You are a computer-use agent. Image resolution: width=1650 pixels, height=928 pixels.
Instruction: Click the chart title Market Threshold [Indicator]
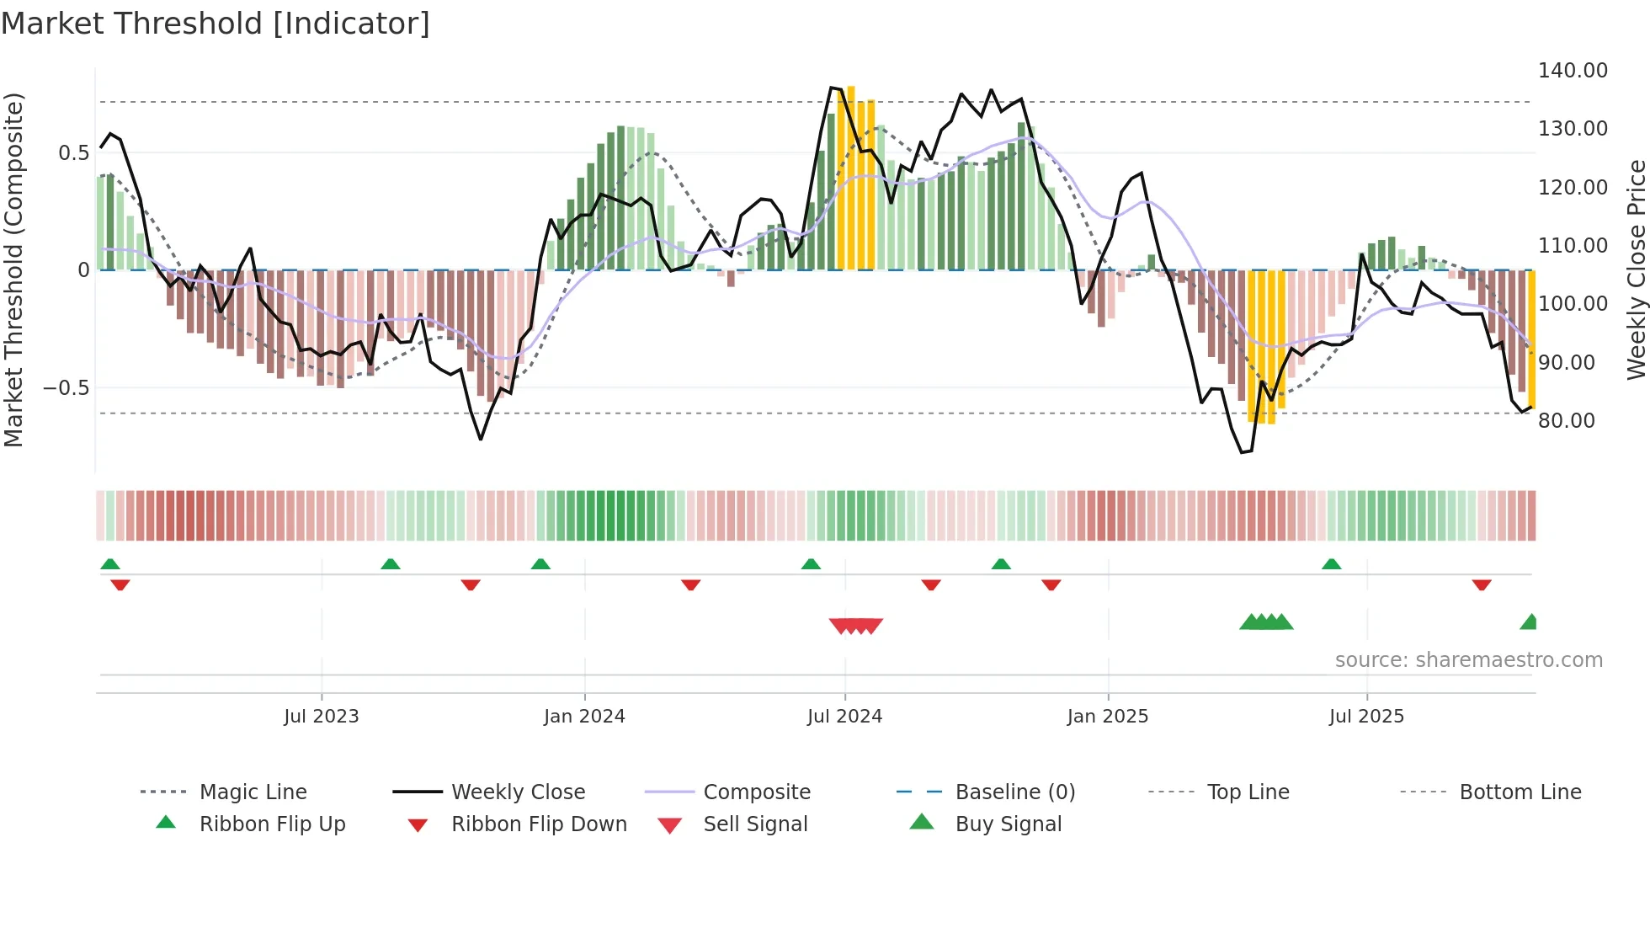click(x=216, y=24)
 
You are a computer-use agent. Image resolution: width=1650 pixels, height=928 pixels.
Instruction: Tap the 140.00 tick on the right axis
click(x=1572, y=71)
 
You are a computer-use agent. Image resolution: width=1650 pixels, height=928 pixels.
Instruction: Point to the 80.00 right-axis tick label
click(x=1566, y=420)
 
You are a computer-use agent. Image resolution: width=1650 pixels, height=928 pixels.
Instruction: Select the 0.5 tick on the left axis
click(x=73, y=153)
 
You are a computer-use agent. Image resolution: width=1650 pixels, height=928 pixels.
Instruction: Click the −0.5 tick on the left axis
click(x=67, y=388)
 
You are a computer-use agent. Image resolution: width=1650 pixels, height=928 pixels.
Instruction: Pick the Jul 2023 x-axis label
click(x=321, y=717)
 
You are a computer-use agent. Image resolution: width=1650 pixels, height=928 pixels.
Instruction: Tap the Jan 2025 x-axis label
click(x=1107, y=717)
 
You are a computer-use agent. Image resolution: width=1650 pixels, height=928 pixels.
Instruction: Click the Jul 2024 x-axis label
click(x=844, y=717)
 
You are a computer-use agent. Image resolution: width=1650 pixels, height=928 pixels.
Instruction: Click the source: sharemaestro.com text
click(x=1468, y=660)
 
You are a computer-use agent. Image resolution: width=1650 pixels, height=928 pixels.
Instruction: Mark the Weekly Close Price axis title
click(x=1636, y=269)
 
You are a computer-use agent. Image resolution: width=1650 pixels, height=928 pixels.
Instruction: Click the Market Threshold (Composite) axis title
click(x=13, y=269)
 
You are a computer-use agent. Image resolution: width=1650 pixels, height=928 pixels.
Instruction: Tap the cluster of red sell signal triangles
click(x=855, y=626)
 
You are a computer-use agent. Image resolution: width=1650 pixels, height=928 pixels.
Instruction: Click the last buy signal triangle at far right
click(x=1530, y=622)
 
